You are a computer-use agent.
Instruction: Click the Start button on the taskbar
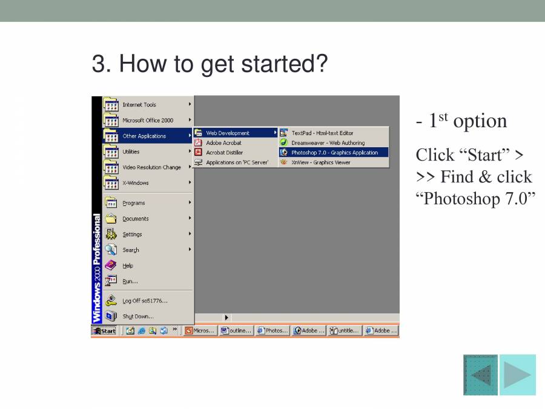[104, 331]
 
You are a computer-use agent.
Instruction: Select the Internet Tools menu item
[139, 105]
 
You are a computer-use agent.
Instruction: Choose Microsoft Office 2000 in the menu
[147, 121]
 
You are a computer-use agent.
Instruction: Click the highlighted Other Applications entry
[144, 136]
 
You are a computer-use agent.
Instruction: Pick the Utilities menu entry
[131, 152]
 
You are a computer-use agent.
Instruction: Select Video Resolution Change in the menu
[151, 167]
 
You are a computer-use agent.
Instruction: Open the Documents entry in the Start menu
[135, 219]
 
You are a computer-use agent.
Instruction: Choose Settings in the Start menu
[132, 234]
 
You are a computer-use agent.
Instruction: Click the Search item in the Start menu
[130, 250]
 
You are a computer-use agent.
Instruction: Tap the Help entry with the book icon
[128, 265]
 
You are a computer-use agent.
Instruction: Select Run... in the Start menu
[130, 281]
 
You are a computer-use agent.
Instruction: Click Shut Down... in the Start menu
[138, 316]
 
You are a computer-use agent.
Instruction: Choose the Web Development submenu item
[228, 133]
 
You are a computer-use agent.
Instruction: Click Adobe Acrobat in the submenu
[223, 143]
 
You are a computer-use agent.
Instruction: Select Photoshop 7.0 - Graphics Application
[334, 153]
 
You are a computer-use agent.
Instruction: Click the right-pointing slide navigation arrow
[518, 375]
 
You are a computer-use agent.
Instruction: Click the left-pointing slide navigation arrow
[481, 375]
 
